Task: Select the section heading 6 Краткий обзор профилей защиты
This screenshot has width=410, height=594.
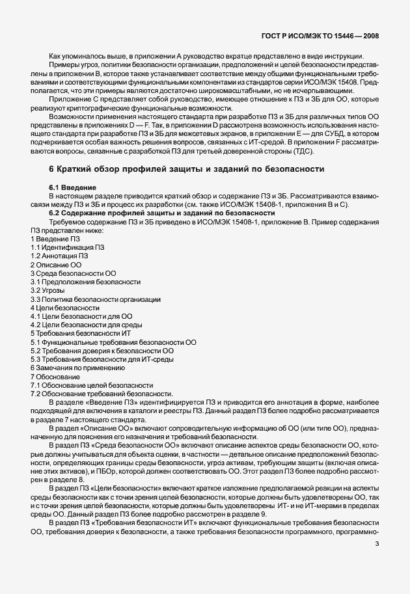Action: click(186, 170)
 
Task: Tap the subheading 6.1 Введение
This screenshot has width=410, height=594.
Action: click(73, 187)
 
